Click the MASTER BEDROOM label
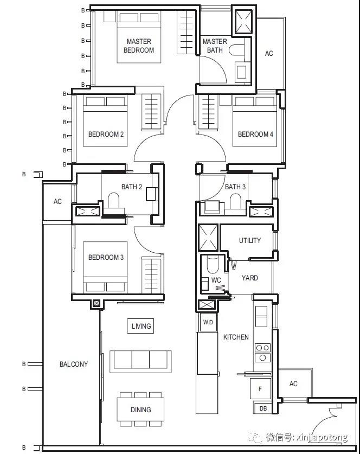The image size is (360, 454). point(139,46)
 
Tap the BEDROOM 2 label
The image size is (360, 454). point(106,135)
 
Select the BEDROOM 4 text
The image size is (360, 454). point(255,135)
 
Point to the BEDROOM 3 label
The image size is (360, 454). point(106,258)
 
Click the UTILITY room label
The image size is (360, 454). point(250,240)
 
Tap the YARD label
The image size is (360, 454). point(250,278)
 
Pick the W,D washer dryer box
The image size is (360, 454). point(208,322)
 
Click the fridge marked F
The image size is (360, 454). point(260,389)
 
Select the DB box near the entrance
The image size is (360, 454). point(263,408)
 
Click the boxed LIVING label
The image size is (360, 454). point(140,326)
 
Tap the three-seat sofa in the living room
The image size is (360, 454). point(140,361)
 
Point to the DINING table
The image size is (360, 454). point(140,410)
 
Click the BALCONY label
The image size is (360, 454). point(74,365)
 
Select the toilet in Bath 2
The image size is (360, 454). point(114,201)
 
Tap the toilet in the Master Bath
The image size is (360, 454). point(236,50)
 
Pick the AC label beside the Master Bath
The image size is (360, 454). point(269,54)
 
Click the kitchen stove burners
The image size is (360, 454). point(263,353)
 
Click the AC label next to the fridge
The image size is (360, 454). point(293,384)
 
